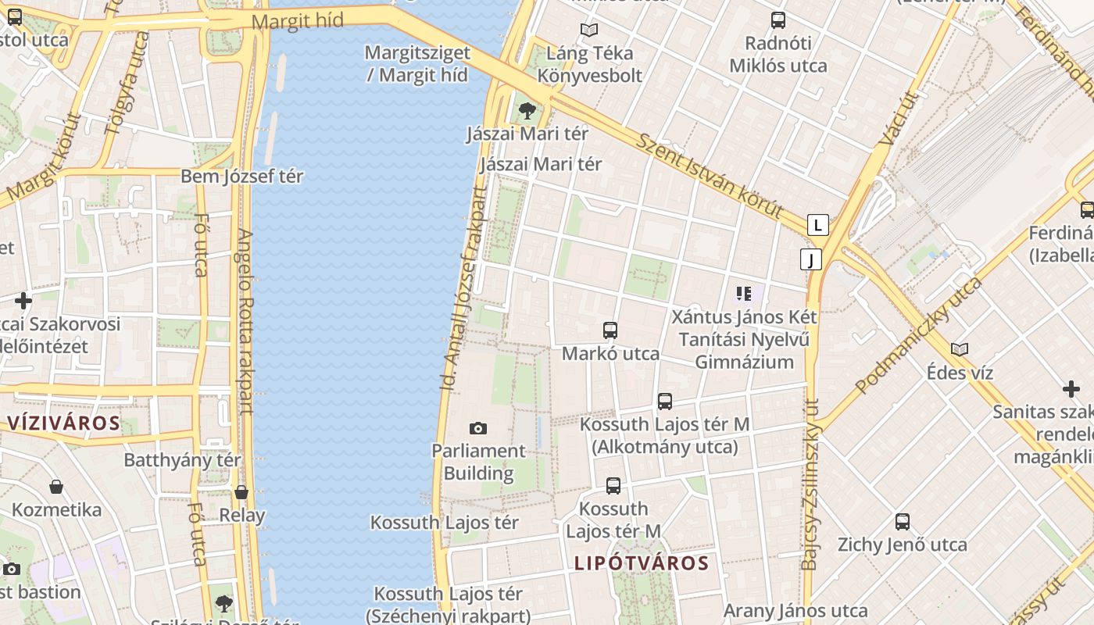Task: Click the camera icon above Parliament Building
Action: pos(478,428)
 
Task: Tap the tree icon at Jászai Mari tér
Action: pos(527,110)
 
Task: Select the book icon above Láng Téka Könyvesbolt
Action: pos(588,30)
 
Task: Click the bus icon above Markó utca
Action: pos(610,330)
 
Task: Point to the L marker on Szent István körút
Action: pos(817,225)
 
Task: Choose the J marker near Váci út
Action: pos(811,259)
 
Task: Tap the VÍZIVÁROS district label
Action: pos(64,423)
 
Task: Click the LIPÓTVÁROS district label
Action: pos(642,563)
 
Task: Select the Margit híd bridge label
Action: pos(298,21)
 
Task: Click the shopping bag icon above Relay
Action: pos(241,492)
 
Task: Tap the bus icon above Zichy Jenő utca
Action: pos(903,522)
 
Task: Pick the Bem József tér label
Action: pos(241,176)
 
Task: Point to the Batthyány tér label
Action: pos(182,459)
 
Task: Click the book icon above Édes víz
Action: pos(960,349)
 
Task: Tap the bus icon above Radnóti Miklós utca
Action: pos(778,20)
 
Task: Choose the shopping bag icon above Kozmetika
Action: pos(56,487)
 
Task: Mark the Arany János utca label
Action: pos(795,610)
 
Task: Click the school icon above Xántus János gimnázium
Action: pos(743,294)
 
